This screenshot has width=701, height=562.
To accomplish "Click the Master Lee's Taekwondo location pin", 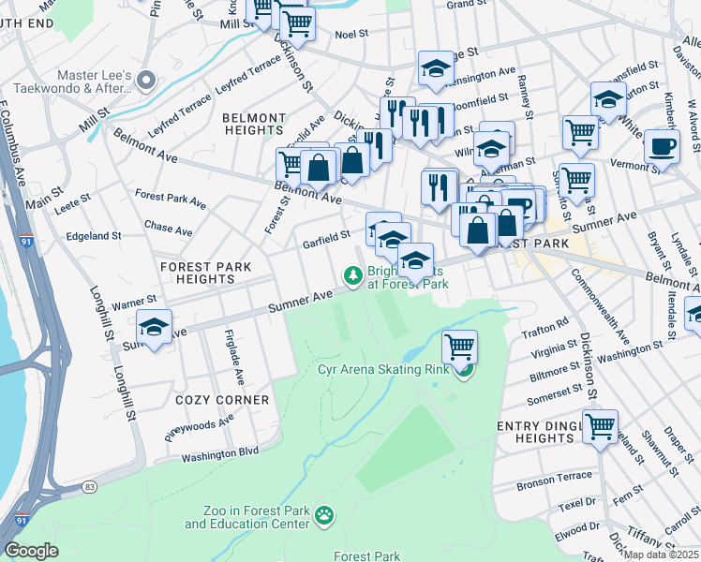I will [145, 81].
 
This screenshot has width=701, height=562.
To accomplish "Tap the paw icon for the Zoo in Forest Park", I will [325, 514].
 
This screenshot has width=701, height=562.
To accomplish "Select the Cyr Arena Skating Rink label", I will [383, 369].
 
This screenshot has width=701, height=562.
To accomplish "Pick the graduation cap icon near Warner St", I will [154, 328].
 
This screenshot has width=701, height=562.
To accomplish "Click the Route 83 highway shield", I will [90, 487].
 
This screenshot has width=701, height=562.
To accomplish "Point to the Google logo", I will [33, 551].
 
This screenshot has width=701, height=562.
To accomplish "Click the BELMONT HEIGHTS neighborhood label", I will [253, 125].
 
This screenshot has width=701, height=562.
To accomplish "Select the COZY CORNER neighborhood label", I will [222, 400].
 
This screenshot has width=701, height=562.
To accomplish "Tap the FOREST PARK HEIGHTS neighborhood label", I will [205, 273].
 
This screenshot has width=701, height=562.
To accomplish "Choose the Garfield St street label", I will [326, 241].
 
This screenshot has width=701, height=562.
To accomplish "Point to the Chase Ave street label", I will [169, 229].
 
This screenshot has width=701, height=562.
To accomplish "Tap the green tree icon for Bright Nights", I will [353, 274].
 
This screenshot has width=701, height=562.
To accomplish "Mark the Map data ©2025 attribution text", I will [661, 554].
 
